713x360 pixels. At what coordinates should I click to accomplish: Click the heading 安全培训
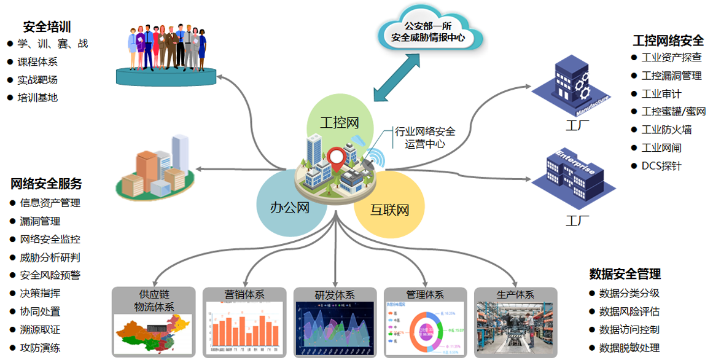(47, 26)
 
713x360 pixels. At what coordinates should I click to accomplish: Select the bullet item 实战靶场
(37, 80)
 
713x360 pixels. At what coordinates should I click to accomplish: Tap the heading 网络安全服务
(46, 184)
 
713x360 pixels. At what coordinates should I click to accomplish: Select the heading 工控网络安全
(668, 41)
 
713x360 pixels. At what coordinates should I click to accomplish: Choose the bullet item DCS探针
(661, 166)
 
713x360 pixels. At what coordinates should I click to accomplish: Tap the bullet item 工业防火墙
(666, 130)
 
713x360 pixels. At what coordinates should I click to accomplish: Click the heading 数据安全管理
(625, 274)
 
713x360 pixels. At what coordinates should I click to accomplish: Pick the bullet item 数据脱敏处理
(629, 348)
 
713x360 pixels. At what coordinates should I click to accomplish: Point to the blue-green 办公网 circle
(286, 209)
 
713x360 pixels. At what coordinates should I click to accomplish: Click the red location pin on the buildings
(335, 158)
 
